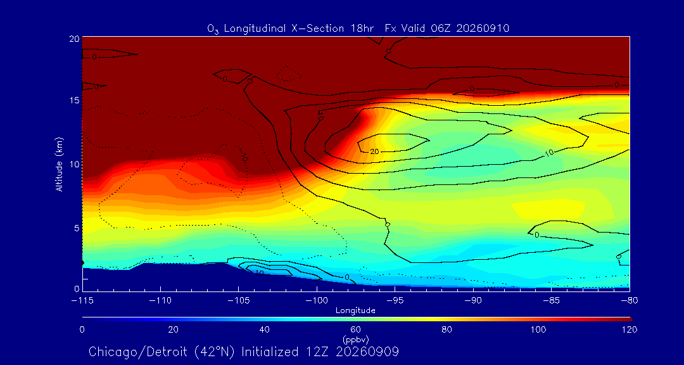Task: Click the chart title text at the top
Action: (358, 29)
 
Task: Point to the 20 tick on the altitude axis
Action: (73, 38)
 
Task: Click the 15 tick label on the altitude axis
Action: (73, 100)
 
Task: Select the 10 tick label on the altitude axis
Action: (73, 164)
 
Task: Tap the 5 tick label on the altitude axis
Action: (77, 228)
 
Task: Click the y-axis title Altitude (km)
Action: (60, 163)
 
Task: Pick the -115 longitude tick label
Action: (82, 301)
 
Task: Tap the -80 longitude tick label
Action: (630, 301)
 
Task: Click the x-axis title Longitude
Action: (355, 311)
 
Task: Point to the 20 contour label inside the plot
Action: (374, 151)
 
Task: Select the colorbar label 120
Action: (630, 330)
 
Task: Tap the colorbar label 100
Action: (538, 330)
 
